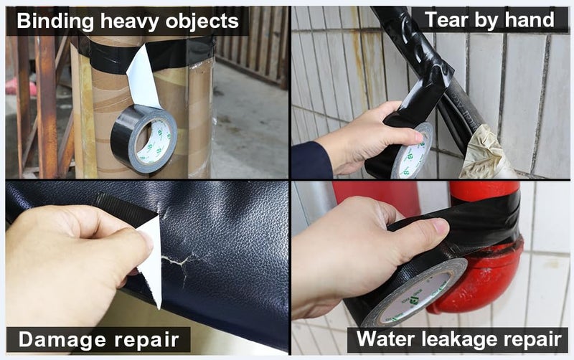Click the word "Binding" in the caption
55,22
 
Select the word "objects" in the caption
202,22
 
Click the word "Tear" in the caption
446,19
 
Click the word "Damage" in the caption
62,340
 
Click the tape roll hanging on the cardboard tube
143,139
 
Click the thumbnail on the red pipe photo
441,226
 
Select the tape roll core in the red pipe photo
418,295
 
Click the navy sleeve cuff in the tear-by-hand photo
311,160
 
